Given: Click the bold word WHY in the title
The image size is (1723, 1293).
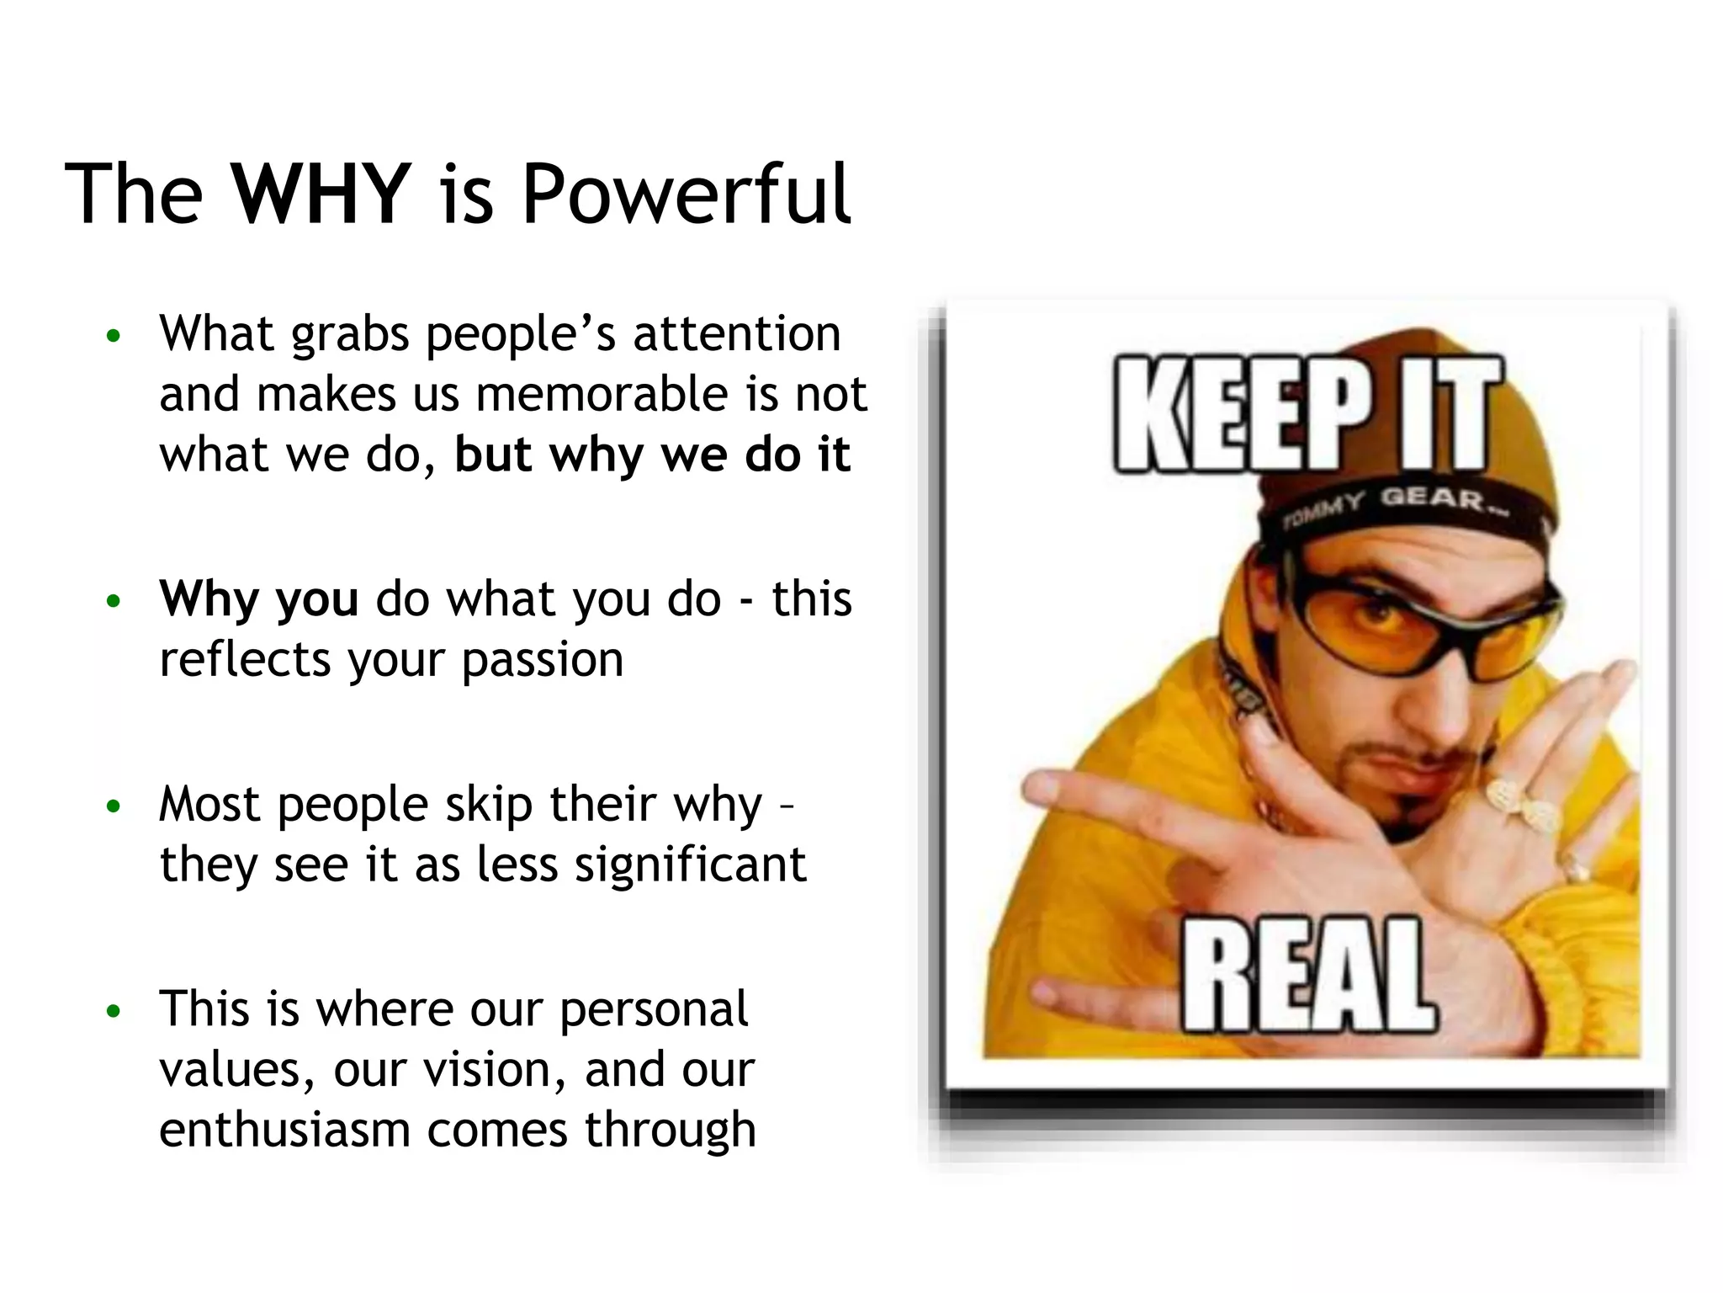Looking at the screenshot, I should pos(321,194).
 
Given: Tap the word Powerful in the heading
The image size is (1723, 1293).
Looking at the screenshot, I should pos(686,194).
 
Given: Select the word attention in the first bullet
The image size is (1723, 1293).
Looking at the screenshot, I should pos(736,333).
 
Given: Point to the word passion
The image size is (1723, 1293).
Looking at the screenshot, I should pos(543,660).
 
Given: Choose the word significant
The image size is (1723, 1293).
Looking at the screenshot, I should pos(690,865).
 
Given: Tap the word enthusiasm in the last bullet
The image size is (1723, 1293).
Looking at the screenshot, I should pos(284,1130).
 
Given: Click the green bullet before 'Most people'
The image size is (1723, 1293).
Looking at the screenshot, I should pos(114,807).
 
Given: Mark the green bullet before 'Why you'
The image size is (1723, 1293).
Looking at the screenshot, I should pos(114,602).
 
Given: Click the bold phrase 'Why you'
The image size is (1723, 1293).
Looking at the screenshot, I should pos(258,599).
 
